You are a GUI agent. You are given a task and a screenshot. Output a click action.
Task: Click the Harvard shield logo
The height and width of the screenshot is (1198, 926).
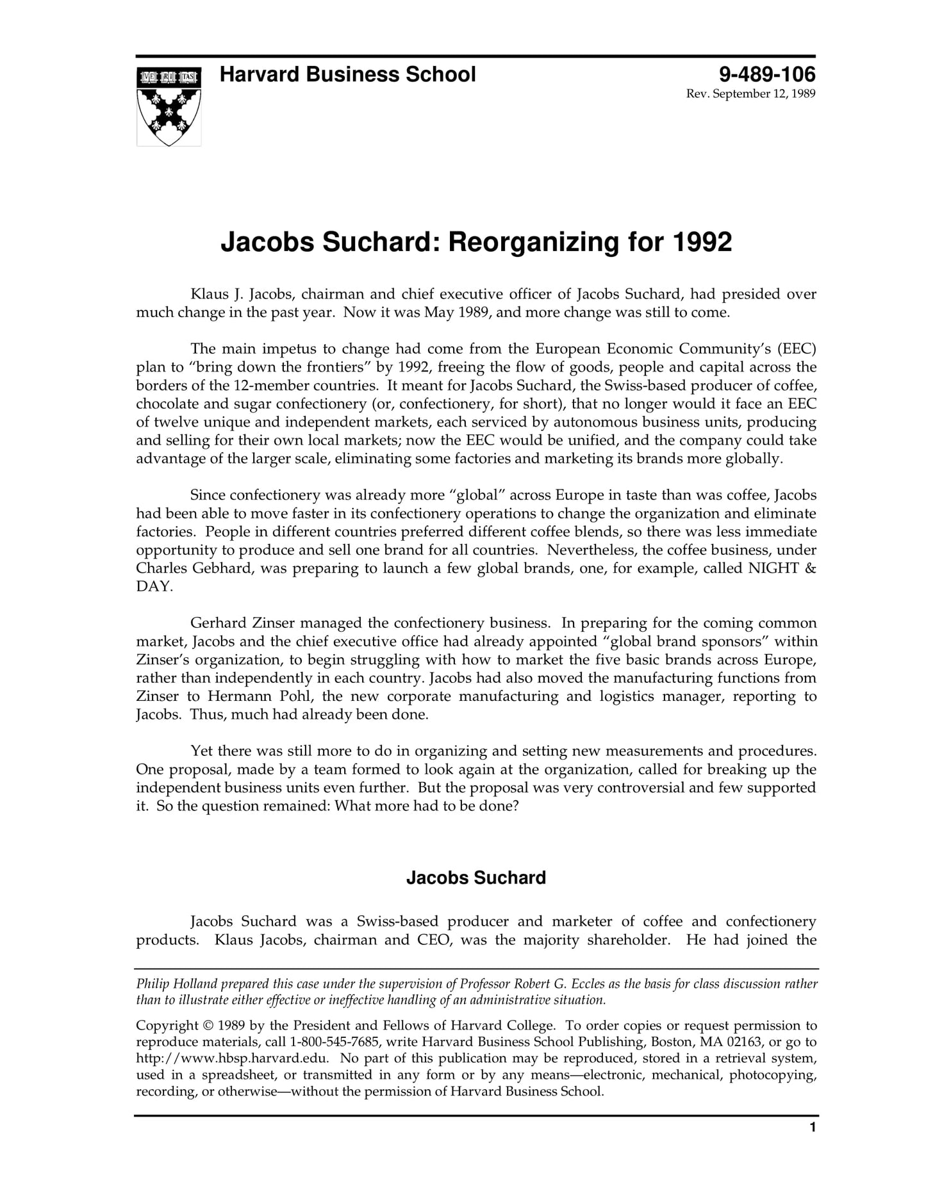click(169, 106)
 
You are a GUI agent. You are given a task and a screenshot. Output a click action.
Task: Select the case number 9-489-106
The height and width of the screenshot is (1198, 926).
click(766, 74)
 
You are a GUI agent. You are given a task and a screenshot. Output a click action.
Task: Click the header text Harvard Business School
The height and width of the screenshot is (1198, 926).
click(347, 74)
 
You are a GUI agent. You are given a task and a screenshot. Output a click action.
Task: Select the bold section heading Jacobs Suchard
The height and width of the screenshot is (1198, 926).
click(475, 878)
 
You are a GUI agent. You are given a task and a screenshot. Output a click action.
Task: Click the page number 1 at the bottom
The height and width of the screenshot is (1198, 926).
click(813, 1145)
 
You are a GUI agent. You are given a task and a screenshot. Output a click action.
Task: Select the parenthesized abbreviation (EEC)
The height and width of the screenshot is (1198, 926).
click(796, 349)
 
